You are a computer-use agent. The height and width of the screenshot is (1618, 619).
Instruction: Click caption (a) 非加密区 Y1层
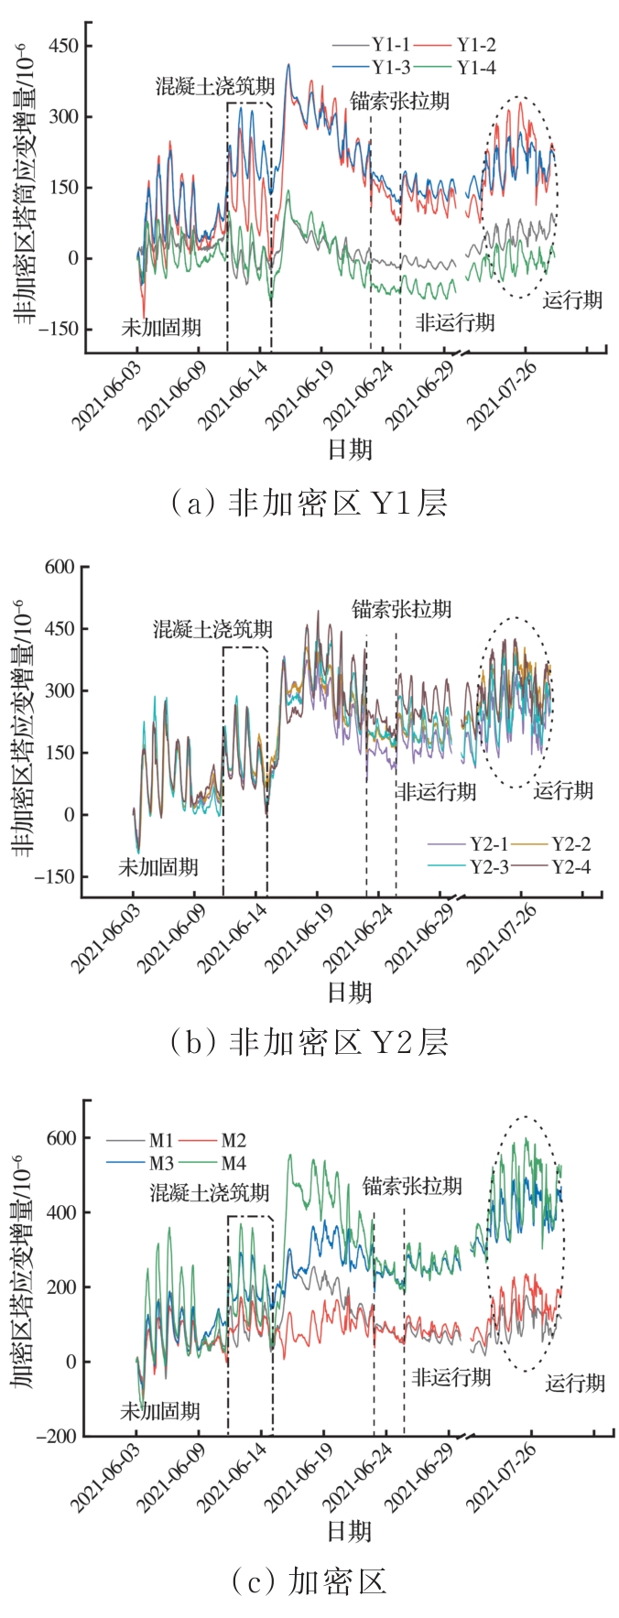309,503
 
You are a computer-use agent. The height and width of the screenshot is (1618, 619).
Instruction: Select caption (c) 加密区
309,1581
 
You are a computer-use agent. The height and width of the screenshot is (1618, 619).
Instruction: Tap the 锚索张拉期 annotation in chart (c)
411,1186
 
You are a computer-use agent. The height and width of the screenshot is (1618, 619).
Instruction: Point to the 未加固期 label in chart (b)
157,866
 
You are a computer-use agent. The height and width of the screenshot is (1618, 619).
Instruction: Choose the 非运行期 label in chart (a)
455,322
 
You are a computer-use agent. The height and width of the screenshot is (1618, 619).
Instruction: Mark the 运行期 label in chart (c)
575,1383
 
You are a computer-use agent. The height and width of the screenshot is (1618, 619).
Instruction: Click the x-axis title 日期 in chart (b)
350,992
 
